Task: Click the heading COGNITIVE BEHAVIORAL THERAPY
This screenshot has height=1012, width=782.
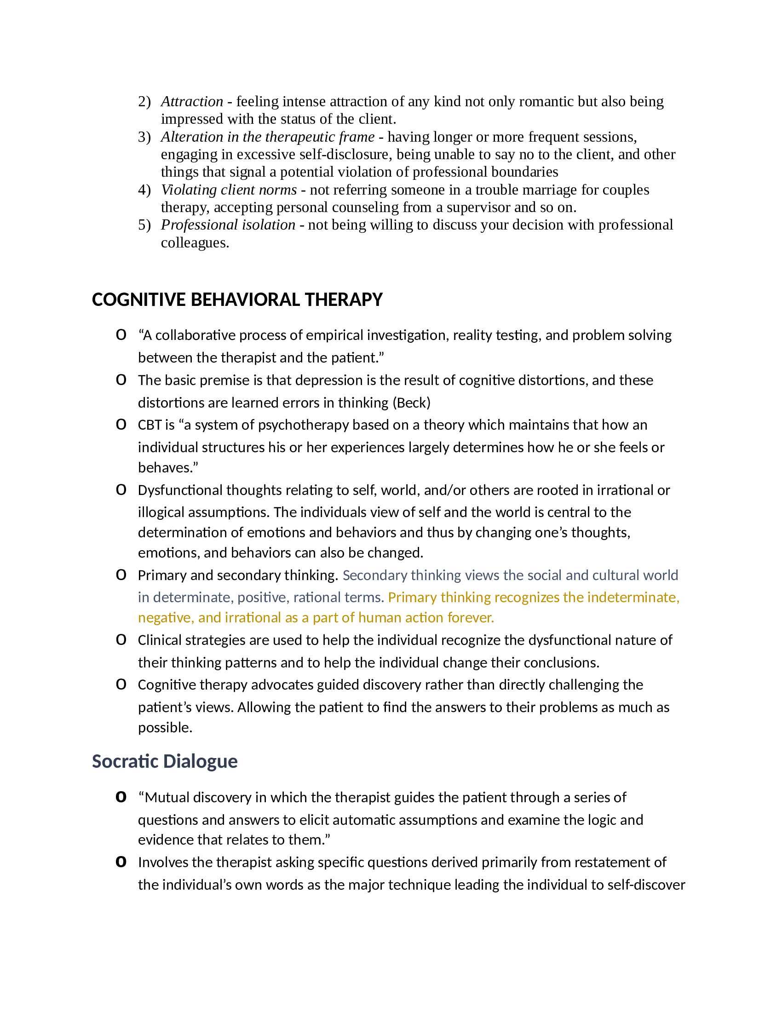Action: tap(237, 300)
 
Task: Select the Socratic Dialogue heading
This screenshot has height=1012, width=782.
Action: tap(165, 761)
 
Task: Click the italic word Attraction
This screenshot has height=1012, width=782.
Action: tap(192, 102)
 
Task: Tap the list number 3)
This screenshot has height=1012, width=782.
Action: tap(144, 137)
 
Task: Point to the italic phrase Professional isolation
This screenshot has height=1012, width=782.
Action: tap(228, 225)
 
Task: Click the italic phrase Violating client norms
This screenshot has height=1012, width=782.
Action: tap(229, 190)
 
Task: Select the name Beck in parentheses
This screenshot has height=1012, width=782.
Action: tap(412, 402)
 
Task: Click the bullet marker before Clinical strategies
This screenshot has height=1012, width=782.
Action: tap(121, 640)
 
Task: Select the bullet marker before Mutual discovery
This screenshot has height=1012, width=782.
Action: tap(121, 797)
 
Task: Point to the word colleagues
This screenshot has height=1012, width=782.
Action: tap(195, 243)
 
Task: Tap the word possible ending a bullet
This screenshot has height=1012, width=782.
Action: tap(165, 728)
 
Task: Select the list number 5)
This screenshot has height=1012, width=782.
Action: tap(144, 225)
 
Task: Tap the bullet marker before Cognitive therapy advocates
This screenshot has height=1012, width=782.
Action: tap(121, 684)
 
